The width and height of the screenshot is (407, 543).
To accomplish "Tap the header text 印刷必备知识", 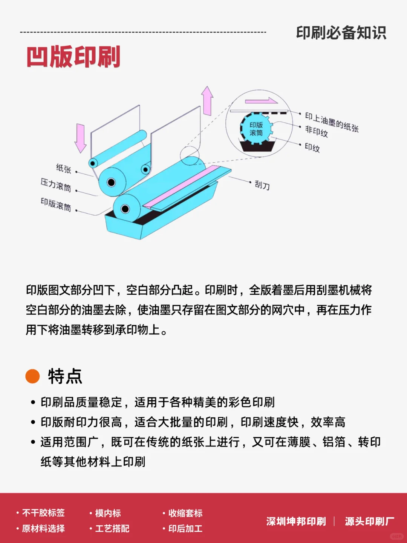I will pos(341,33).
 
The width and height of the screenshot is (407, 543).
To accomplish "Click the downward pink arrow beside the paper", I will pos(81,138).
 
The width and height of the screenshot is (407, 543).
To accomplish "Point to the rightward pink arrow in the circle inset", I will pos(261,101).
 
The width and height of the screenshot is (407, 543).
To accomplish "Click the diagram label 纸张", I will pos(63,168).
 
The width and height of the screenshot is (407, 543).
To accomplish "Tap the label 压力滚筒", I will pos(56,185).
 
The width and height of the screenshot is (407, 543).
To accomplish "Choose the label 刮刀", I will pos(262,185).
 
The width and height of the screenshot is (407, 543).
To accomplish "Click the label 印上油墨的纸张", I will pos(332,122).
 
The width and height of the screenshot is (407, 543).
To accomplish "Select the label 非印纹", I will pos(317,131).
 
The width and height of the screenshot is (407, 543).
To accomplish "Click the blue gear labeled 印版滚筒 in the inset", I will pos(256,129).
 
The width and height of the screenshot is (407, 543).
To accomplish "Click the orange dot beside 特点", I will pos(32,376).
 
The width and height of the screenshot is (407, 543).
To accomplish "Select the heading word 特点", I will pos(65,376).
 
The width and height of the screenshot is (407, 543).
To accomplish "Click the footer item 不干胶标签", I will pos(43,513).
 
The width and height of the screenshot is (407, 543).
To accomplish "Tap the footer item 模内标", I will pos(108,513).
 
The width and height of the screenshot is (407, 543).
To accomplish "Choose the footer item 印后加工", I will pos(185,529).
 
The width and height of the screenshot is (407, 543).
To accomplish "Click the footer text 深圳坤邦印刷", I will pos(296,521).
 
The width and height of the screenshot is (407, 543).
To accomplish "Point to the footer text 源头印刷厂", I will pos(369,521).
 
